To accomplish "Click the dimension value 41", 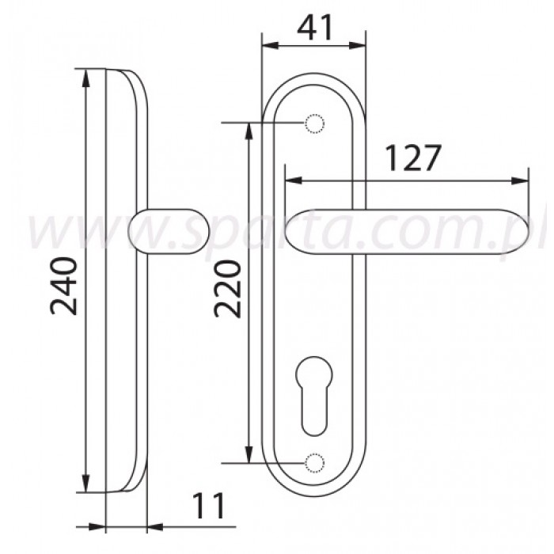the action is click(x=314, y=28).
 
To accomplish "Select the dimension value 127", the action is click(x=413, y=158).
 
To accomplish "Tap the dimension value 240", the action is click(x=63, y=286).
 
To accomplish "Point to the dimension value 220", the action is click(x=227, y=289).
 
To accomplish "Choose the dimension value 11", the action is click(x=209, y=506).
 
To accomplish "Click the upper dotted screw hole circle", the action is click(x=314, y=123).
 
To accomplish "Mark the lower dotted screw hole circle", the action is click(x=314, y=462).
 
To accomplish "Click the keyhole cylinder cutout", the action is click(x=313, y=396).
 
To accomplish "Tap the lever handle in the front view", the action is click(x=407, y=232).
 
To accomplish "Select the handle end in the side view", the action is click(x=169, y=232).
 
